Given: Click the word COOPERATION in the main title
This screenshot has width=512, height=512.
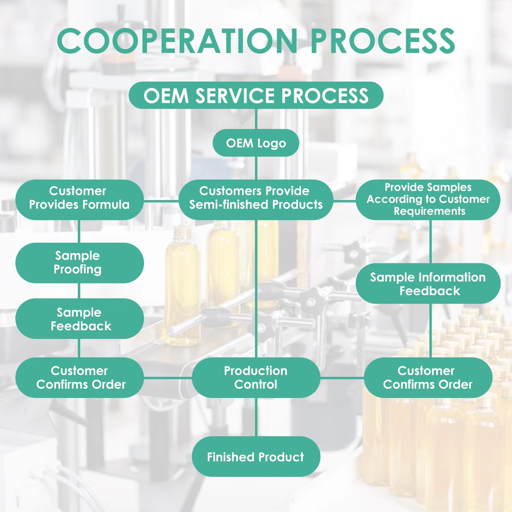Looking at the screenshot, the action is (x=177, y=41).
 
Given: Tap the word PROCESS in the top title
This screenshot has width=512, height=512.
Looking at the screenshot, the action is (x=383, y=41).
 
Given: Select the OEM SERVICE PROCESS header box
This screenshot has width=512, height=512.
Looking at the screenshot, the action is (x=256, y=95).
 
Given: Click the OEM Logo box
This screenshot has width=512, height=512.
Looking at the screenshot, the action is (x=256, y=143).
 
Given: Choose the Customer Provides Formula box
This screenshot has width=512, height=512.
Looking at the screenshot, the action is (x=79, y=199).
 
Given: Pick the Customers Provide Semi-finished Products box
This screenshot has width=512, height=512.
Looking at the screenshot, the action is (x=256, y=199).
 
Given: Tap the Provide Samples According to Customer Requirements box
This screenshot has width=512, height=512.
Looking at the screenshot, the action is (x=428, y=199).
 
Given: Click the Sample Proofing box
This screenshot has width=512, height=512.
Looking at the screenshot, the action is (x=79, y=263).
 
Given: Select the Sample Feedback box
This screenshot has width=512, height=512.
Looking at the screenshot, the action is (x=79, y=319).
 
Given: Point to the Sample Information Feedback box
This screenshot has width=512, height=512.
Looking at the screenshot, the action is (x=428, y=283).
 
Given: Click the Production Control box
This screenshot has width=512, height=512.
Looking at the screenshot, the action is (x=256, y=378).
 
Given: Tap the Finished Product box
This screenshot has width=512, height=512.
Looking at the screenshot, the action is (x=256, y=457).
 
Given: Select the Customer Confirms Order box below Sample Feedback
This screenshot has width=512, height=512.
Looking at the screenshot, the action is (x=79, y=378).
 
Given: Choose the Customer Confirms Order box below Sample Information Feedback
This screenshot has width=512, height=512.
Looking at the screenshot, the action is (x=428, y=378).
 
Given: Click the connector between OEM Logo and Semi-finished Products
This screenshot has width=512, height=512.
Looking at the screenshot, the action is (x=256, y=168).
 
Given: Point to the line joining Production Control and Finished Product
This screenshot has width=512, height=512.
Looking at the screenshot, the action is (x=256, y=417).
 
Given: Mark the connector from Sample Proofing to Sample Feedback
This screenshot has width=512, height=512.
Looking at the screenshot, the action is (x=79, y=291).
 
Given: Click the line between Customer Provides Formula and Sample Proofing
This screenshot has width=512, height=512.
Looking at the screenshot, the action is (x=79, y=231).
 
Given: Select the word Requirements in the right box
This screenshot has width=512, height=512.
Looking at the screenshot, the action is (x=429, y=211).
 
